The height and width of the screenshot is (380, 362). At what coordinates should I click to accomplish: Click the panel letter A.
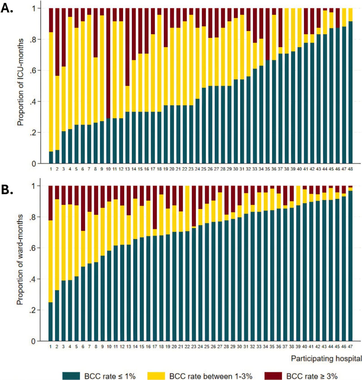[x=7, y=8]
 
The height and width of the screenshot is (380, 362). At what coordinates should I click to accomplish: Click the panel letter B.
[x=7, y=190]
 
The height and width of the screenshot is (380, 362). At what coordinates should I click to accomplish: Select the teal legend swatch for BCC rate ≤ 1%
[x=71, y=376]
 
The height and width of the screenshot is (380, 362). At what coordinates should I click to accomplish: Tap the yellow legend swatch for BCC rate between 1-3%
[x=156, y=376]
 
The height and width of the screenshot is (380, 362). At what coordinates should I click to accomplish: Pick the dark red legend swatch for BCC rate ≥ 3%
[x=273, y=376]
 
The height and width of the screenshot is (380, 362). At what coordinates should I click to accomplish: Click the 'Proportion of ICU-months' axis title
[x=20, y=82]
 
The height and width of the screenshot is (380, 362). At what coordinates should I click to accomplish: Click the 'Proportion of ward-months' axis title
[x=20, y=259]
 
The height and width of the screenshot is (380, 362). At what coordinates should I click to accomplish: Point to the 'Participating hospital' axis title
[x=326, y=358]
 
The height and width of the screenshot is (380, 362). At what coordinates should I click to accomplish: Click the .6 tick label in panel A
[x=33, y=70]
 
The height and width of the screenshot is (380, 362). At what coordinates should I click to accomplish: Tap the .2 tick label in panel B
[x=33, y=310]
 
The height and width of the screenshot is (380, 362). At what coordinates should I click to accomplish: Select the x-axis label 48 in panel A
[x=350, y=169]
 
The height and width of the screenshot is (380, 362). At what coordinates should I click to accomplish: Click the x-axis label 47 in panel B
[x=350, y=346]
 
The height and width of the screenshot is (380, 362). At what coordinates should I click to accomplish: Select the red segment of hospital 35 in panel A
[x=267, y=34]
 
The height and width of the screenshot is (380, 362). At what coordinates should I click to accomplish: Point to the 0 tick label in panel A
[x=34, y=164]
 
